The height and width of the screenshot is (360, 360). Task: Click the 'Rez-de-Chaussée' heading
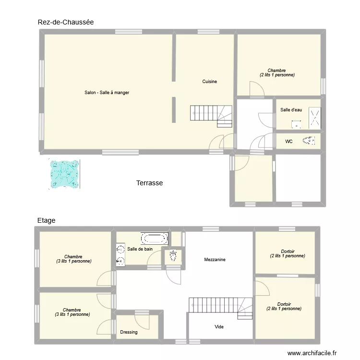(66, 22)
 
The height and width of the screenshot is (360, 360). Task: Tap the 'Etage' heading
(46, 220)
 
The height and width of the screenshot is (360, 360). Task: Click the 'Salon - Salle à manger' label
(107, 93)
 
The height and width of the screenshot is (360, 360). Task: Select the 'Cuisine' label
(209, 82)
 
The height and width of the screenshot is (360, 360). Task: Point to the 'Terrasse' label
(149, 183)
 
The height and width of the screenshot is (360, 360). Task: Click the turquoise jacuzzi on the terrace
(64, 173)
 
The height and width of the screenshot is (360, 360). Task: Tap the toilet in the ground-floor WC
(309, 141)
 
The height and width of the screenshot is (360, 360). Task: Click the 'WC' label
(288, 142)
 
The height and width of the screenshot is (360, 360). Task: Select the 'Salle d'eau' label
(291, 110)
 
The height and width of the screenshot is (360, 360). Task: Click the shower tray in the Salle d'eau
(314, 118)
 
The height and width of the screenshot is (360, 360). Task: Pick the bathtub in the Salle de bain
(154, 238)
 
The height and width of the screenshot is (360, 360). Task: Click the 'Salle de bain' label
(140, 249)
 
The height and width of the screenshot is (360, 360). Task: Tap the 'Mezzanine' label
(215, 260)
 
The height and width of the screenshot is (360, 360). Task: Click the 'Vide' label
(219, 327)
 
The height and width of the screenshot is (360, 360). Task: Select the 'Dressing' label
(129, 332)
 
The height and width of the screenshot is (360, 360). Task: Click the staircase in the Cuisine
(211, 116)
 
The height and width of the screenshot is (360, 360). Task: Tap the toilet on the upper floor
(173, 256)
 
